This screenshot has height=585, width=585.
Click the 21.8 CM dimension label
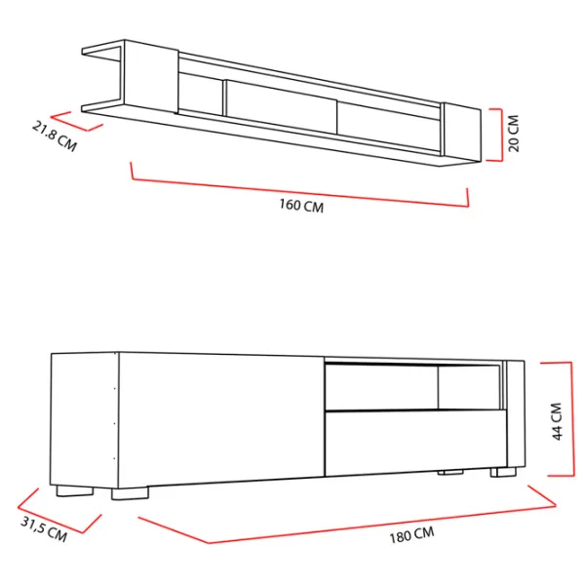coord(55,136)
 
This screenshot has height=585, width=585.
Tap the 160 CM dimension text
coord(301,205)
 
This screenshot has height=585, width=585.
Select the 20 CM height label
coord(514,134)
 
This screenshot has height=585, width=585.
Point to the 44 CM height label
coord(557,421)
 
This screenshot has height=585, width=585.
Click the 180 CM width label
coord(411,535)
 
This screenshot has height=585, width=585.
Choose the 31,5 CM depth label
coord(44,529)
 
